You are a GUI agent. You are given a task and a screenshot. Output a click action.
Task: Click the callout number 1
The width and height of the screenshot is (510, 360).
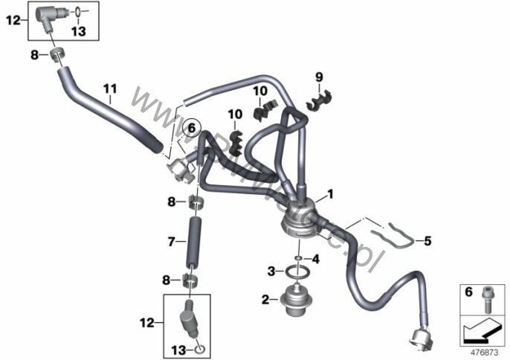(x=330, y=195)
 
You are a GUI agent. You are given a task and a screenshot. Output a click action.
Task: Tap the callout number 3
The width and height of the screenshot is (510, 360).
(x=271, y=271)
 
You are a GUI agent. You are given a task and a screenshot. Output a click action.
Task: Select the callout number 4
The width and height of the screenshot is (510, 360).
(x=315, y=259)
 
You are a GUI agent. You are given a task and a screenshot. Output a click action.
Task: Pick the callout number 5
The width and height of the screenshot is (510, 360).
(x=427, y=240)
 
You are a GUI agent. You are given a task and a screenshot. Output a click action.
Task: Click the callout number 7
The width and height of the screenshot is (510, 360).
(x=171, y=242)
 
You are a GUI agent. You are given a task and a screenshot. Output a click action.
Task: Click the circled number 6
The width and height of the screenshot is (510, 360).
(x=191, y=128)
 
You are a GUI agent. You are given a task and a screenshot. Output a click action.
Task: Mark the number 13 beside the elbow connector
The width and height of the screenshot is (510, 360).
(x=79, y=30)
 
